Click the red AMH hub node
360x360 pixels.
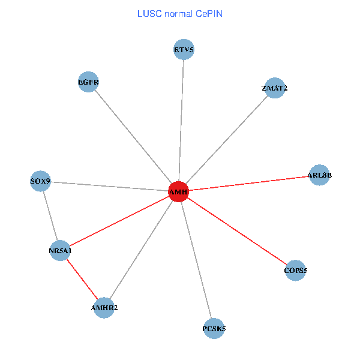click(x=178, y=191)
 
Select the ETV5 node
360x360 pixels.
click(x=184, y=50)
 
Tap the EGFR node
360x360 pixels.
click(x=88, y=82)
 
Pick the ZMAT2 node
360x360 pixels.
click(x=274, y=88)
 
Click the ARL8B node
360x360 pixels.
click(x=319, y=175)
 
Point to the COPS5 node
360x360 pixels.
click(x=295, y=271)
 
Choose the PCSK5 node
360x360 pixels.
click(x=214, y=328)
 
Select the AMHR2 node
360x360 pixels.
click(x=104, y=308)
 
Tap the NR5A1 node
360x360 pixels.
click(x=60, y=250)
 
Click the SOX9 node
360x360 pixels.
click(x=40, y=181)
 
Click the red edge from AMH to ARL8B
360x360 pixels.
click(x=248, y=183)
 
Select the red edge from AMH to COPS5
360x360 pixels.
click(x=237, y=231)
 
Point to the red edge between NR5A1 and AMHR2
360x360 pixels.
click(x=82, y=279)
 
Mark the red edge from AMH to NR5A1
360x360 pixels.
click(x=119, y=221)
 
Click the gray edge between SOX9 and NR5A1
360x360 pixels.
click(x=50, y=215)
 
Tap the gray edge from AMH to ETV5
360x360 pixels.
click(x=181, y=120)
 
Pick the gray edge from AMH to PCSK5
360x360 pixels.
click(x=196, y=260)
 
